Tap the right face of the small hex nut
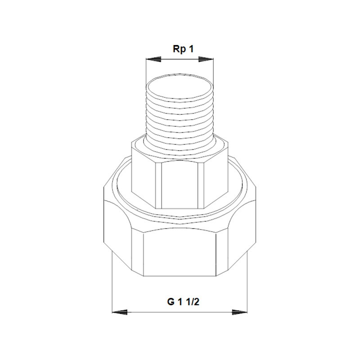(215, 178)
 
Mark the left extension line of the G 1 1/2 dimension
(112, 288)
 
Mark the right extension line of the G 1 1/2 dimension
(247, 288)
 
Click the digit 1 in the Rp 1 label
(191, 49)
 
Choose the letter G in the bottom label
(171, 302)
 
